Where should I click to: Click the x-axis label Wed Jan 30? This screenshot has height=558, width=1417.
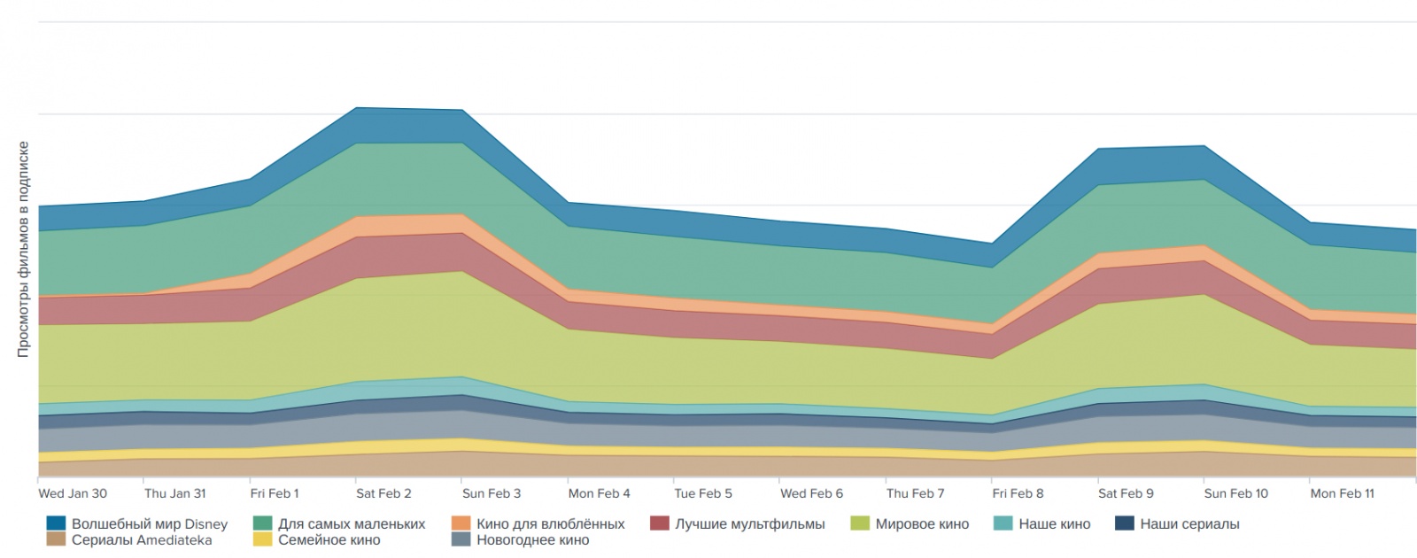pyautogui.click(x=73, y=493)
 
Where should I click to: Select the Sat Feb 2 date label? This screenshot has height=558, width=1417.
pyautogui.click(x=383, y=493)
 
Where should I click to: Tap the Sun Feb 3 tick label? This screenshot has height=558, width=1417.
pyautogui.click(x=492, y=493)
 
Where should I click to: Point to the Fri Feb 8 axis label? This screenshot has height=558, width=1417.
pyautogui.click(x=1018, y=493)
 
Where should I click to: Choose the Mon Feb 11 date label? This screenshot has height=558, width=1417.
pyautogui.click(x=1342, y=493)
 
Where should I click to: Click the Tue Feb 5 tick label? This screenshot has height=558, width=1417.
pyautogui.click(x=703, y=493)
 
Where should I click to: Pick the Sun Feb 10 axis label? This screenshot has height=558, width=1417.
pyautogui.click(x=1235, y=493)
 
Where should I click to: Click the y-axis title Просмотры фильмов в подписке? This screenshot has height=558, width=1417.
pyautogui.click(x=24, y=249)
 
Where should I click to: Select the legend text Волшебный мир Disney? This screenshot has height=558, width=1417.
pyautogui.click(x=150, y=524)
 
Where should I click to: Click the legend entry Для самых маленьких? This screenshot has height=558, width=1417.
pyautogui.click(x=352, y=524)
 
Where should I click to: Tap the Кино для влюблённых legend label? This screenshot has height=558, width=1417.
pyautogui.click(x=550, y=524)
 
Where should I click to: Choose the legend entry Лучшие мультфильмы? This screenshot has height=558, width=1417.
pyautogui.click(x=749, y=524)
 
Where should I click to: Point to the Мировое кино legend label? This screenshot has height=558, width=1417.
pyautogui.click(x=922, y=524)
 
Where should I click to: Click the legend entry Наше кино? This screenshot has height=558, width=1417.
pyautogui.click(x=1054, y=524)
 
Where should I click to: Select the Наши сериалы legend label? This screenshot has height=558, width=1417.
pyautogui.click(x=1189, y=524)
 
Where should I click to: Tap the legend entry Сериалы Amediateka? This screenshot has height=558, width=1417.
pyautogui.click(x=142, y=540)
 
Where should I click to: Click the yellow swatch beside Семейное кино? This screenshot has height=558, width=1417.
pyautogui.click(x=262, y=539)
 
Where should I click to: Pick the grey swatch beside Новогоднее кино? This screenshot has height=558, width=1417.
pyautogui.click(x=461, y=539)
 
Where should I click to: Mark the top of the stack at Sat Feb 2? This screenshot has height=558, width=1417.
pyautogui.click(x=356, y=108)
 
